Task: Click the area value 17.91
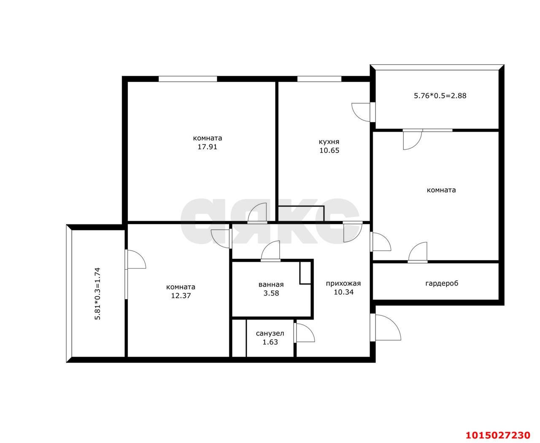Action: (207, 147)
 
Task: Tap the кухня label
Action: (329, 142)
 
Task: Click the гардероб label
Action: (441, 283)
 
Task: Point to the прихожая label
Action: (343, 283)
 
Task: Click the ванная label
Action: (271, 285)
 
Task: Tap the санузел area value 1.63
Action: (270, 342)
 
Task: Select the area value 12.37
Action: (181, 295)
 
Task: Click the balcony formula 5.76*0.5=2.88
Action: (440, 96)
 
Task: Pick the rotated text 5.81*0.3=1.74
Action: (97, 293)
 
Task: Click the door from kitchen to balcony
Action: (362, 112)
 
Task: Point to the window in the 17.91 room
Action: (188, 79)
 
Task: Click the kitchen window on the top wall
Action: (319, 79)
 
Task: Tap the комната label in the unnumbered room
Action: (441, 190)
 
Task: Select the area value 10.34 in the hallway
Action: (343, 292)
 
